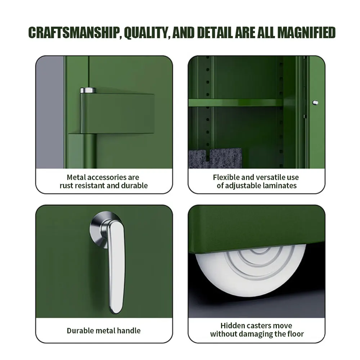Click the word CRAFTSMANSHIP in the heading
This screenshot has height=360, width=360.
click(x=73, y=32)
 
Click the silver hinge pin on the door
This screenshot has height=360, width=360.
click(x=87, y=90)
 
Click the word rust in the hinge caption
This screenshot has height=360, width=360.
click(x=67, y=186)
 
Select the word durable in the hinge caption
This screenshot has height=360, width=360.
click(x=135, y=186)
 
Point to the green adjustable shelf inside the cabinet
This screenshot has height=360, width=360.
click(x=236, y=103)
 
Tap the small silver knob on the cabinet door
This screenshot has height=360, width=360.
click(x=316, y=103)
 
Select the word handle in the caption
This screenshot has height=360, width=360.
click(x=129, y=330)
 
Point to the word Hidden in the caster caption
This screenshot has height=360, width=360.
click(x=233, y=326)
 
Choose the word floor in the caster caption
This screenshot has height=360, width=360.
click(x=294, y=334)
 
